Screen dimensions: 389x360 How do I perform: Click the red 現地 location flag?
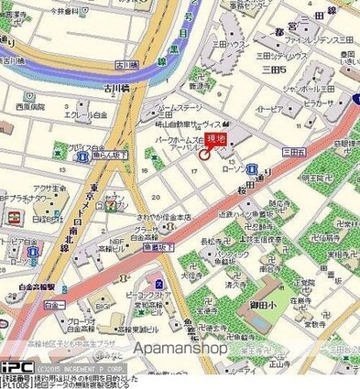coord(217,139)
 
